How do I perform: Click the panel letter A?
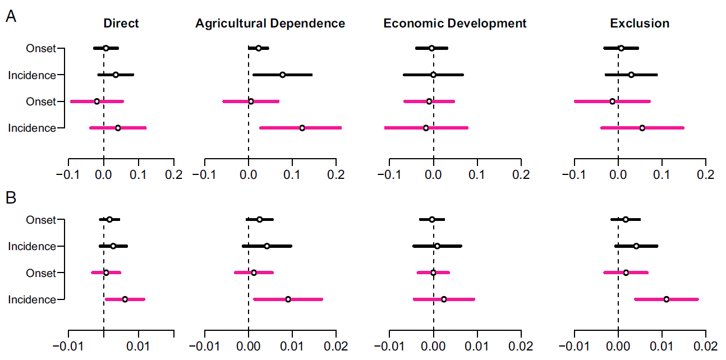coord(11,17)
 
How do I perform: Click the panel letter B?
coord(11,198)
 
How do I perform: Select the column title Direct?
coord(121,24)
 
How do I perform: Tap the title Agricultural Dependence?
coord(270,24)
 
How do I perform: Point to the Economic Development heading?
coord(455,24)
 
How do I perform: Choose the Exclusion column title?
coord(640,24)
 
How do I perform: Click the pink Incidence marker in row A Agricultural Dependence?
coord(302,128)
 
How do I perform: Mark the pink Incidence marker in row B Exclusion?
coord(667,299)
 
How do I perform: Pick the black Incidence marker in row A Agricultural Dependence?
coord(282,75)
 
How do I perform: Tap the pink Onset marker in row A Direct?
coord(97,101)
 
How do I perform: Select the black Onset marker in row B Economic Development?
coord(431,219)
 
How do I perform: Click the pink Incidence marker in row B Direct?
coord(125,299)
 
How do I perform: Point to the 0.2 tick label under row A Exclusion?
coord(705,174)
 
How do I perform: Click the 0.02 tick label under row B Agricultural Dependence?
coord(336,347)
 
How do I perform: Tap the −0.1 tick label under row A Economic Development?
coord(389,174)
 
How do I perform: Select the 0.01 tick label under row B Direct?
coord(139,347)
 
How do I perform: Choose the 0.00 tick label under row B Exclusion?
coord(618,347)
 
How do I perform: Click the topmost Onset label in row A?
coord(41,48)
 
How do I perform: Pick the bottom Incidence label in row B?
coord(32,299)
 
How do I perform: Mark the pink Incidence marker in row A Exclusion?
coord(642,128)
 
